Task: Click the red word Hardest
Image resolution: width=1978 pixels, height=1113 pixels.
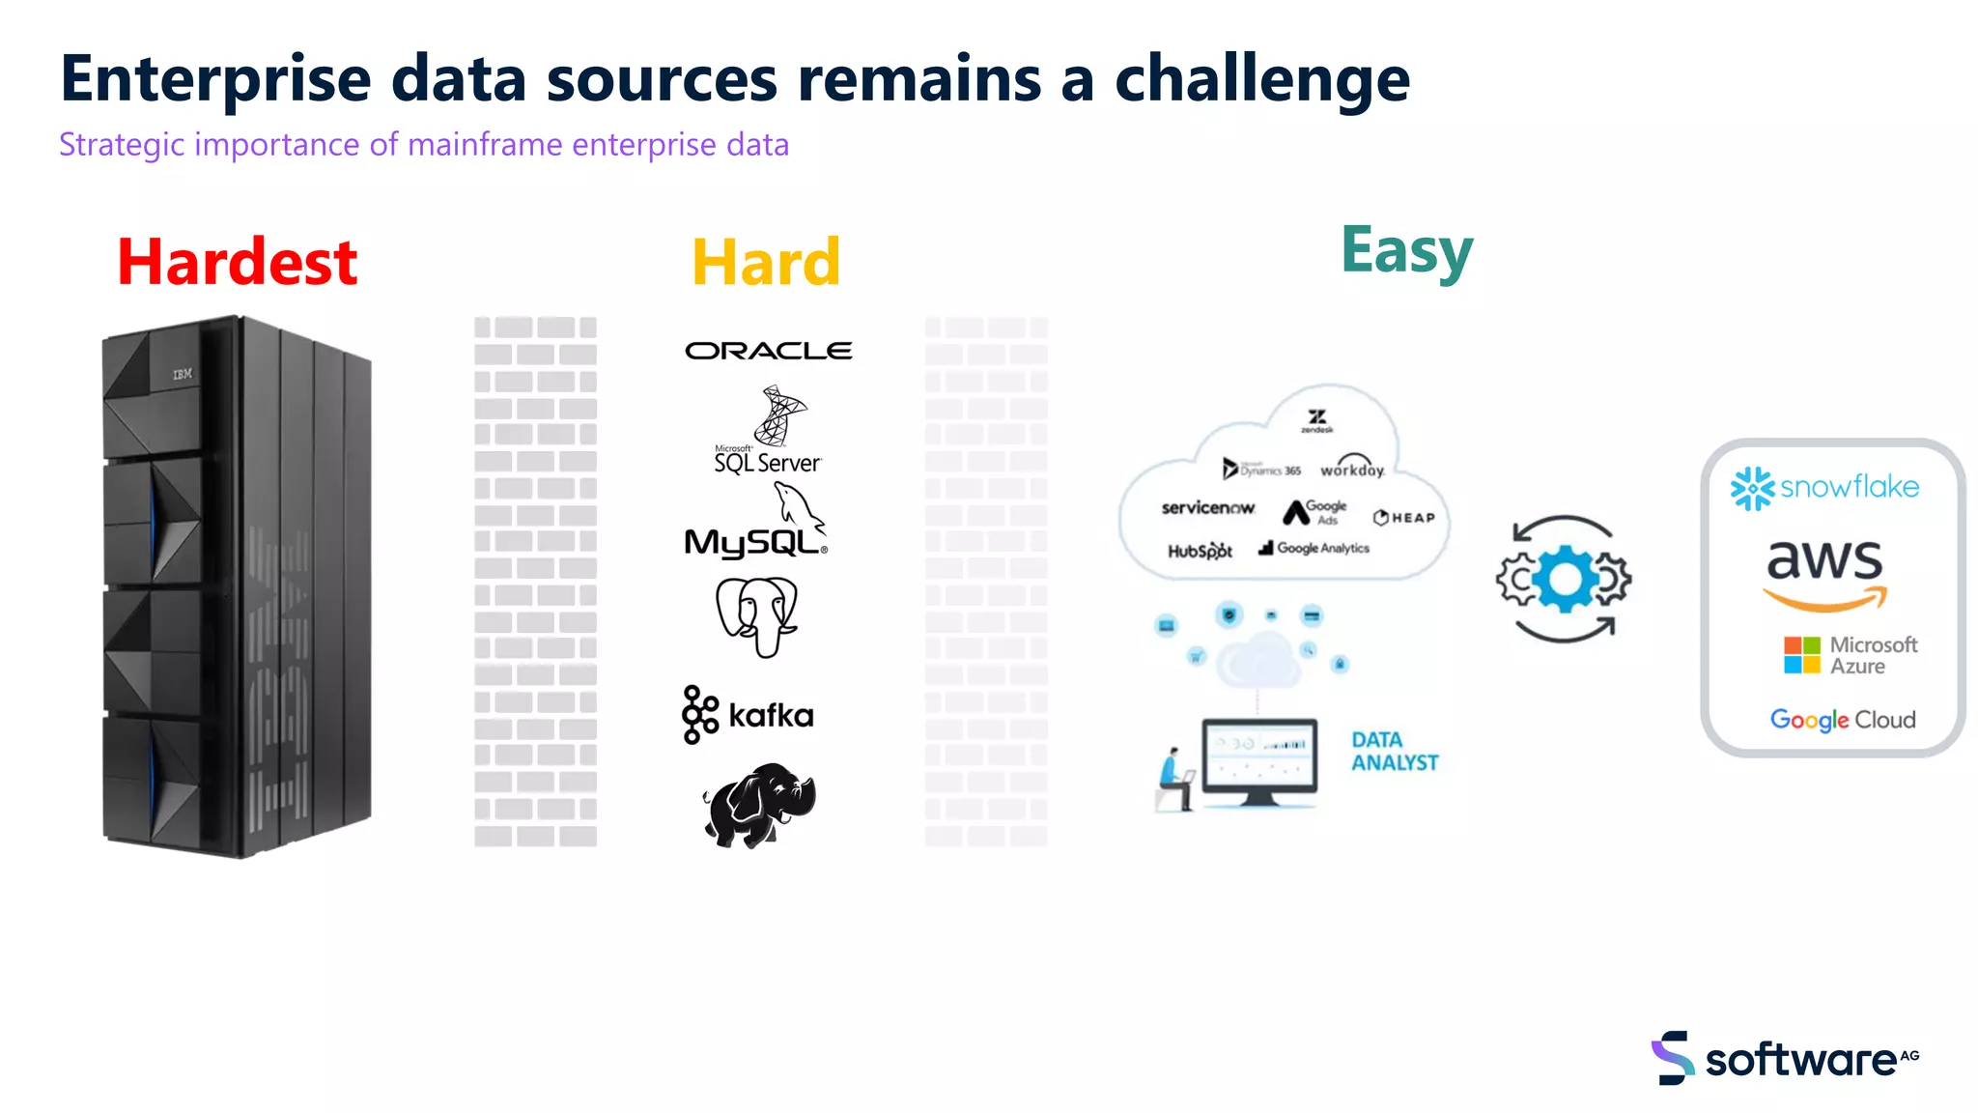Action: tap(237, 263)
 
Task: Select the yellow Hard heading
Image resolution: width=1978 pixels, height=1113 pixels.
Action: tap(766, 263)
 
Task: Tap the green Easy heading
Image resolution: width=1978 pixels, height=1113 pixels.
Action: tap(1406, 251)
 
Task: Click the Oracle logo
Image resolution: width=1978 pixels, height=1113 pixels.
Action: tap(768, 351)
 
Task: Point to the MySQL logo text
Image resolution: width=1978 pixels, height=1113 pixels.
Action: tap(753, 541)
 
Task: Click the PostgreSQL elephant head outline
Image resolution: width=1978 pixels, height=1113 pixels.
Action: tap(757, 616)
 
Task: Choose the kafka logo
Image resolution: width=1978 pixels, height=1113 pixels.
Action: tap(749, 715)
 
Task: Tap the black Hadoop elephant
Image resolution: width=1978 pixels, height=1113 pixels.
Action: tap(759, 805)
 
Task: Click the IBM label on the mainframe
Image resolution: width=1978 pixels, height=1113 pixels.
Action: tap(183, 374)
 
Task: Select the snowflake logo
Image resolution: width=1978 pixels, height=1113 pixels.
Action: tap(1824, 488)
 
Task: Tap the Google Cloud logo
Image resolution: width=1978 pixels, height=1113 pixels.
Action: tap(1842, 720)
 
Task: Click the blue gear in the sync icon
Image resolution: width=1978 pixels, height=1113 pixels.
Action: tap(1566, 580)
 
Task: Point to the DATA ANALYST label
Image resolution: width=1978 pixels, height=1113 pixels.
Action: tap(1394, 752)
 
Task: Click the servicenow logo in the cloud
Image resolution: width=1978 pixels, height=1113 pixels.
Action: tap(1207, 508)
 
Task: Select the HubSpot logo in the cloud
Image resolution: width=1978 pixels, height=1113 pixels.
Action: tap(1200, 551)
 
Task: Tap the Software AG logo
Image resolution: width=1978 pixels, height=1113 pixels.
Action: tap(1785, 1059)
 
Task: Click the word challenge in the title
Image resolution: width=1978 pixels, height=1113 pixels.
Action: tap(1261, 79)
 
